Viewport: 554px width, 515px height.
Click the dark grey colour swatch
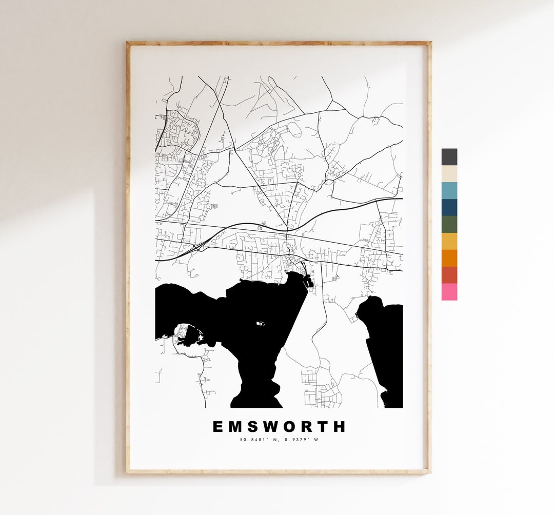pos(449,156)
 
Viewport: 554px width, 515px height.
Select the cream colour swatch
pos(449,173)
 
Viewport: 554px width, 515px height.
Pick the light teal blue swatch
pos(449,190)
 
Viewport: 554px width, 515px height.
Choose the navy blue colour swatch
pos(449,207)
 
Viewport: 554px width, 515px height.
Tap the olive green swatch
pos(449,224)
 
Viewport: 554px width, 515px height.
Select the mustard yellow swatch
pos(449,241)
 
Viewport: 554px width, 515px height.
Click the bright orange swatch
pos(449,258)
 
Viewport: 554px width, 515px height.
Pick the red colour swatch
pos(449,275)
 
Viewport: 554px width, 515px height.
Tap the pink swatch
pos(449,292)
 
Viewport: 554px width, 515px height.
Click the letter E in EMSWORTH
pos(218,427)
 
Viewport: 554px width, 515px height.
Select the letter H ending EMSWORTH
pos(340,427)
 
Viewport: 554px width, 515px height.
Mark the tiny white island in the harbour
pos(261,324)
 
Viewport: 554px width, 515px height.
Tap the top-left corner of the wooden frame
pos(128,43)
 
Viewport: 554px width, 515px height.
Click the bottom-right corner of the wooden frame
pos(429,471)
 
